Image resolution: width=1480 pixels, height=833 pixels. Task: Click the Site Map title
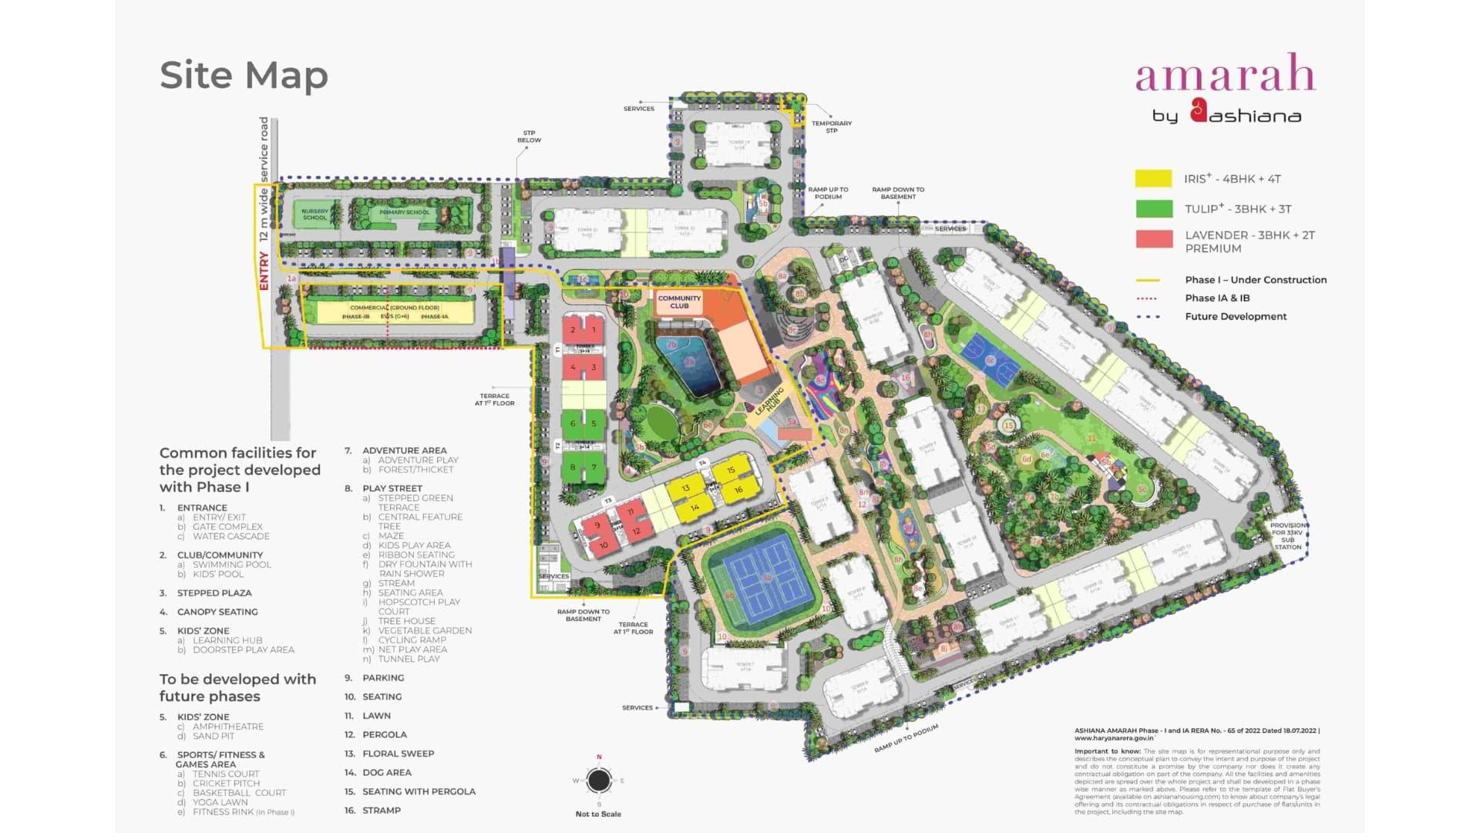tap(244, 76)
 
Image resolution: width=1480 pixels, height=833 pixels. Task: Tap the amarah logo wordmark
tap(1225, 74)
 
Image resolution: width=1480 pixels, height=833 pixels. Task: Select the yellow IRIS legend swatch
tap(1153, 179)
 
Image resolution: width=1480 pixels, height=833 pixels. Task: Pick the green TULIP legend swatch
tap(1153, 209)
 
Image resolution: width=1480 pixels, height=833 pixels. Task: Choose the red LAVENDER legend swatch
tap(1153, 239)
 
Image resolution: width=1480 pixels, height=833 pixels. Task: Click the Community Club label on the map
tap(679, 302)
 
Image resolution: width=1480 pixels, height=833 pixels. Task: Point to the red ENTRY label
tap(264, 271)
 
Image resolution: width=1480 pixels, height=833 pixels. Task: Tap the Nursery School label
tap(314, 214)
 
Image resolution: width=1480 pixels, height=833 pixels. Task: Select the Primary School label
tap(405, 212)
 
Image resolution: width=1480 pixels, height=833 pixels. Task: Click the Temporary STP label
tap(831, 126)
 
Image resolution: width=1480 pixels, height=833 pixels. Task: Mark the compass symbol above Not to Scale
tap(599, 781)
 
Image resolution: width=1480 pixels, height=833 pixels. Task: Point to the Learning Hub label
tap(769, 401)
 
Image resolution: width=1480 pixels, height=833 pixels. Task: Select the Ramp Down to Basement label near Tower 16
tap(898, 193)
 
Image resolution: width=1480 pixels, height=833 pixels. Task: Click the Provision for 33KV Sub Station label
tap(1287, 536)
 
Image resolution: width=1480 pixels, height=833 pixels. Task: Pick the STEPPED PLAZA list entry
tap(214, 593)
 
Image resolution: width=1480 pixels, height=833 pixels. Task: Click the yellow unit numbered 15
tap(731, 470)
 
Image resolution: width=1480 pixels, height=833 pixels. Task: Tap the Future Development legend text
tap(1236, 316)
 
